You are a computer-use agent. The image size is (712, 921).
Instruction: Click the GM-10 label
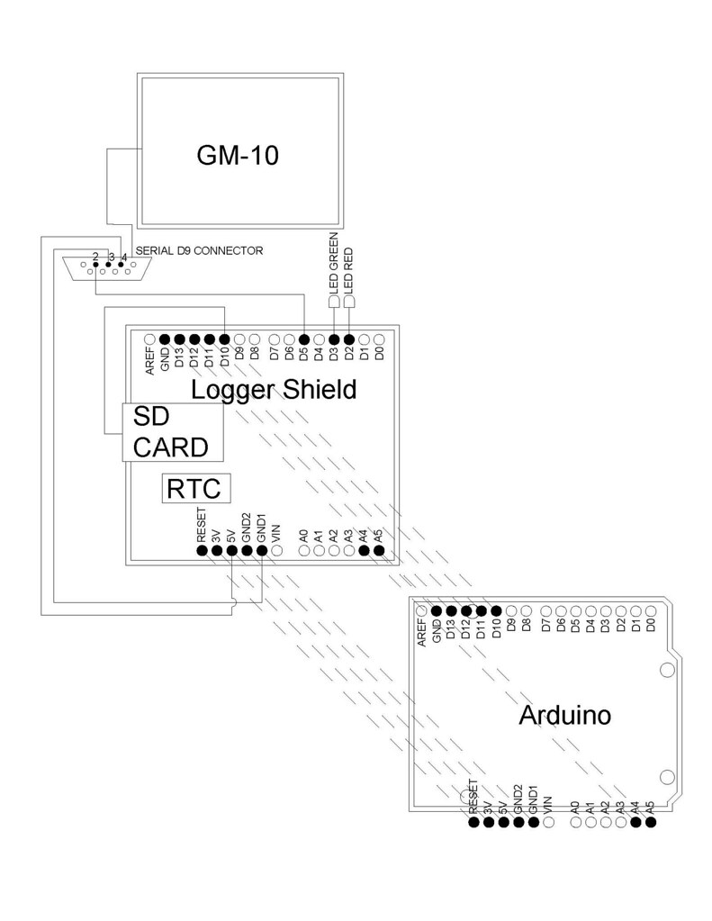(238, 155)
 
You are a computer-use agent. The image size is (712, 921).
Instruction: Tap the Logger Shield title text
(274, 390)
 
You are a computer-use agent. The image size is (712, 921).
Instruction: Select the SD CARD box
(173, 431)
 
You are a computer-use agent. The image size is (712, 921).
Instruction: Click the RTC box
(195, 489)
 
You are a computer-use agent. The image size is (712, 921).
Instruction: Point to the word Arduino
(565, 716)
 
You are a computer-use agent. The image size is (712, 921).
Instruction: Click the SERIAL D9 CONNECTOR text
(198, 251)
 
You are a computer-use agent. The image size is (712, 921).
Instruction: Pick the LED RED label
(349, 268)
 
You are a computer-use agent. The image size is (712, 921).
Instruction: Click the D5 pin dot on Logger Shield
(304, 339)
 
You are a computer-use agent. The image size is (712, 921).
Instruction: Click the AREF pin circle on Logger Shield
(149, 339)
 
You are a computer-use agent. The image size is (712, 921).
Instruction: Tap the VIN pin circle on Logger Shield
(277, 550)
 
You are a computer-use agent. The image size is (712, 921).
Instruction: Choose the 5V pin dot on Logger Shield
(231, 550)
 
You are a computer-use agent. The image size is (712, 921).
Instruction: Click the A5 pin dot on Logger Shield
(379, 550)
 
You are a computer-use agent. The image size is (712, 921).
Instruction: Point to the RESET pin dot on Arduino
(473, 821)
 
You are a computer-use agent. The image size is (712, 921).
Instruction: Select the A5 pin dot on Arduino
(651, 821)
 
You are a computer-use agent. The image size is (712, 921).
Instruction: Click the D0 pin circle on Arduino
(650, 610)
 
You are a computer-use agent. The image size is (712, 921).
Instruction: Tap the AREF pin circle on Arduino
(420, 610)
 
